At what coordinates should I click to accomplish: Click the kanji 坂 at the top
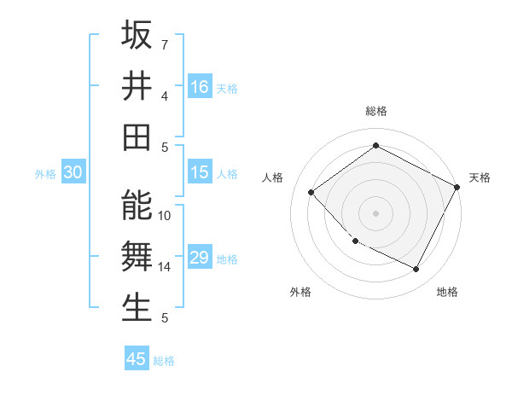137,37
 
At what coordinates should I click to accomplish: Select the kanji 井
137,86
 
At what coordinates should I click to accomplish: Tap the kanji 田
137,137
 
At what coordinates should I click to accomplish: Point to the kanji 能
137,206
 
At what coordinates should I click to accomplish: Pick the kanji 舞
137,256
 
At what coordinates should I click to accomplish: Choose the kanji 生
137,307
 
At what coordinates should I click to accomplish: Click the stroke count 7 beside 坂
164,44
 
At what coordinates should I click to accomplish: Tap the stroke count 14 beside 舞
165,266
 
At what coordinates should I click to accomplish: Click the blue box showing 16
200,87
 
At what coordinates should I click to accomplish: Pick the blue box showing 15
200,172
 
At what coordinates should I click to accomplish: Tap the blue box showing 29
200,258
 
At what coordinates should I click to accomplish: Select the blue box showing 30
73,172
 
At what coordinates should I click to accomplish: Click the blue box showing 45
137,358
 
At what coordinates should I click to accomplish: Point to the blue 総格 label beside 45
164,361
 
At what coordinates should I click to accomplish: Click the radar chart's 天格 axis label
480,177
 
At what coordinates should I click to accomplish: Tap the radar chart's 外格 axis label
300,292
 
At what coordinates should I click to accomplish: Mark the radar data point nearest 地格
416,270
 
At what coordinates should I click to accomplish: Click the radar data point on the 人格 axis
311,193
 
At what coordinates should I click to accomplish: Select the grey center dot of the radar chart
375,213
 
